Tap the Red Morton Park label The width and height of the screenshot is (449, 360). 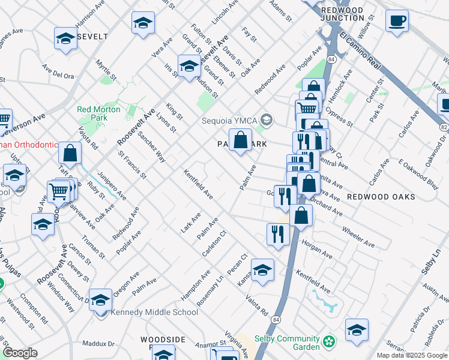(98, 113)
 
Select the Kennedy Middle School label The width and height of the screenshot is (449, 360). (154, 313)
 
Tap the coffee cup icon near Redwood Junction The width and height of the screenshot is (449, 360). (397, 22)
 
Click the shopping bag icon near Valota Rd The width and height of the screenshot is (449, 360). (70, 153)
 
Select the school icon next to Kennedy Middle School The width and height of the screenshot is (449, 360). (101, 300)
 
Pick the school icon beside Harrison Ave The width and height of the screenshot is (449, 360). (65, 38)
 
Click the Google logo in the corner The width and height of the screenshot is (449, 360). (20, 353)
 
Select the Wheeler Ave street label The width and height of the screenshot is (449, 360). (358, 237)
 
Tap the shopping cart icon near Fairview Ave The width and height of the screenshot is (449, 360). (58, 193)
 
